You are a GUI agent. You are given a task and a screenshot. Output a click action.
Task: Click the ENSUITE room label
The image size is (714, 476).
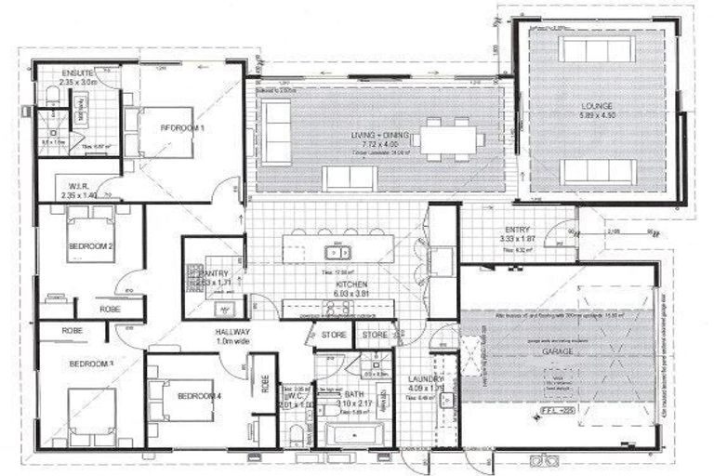77,73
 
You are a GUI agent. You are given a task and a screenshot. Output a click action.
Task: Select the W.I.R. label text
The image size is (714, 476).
78,185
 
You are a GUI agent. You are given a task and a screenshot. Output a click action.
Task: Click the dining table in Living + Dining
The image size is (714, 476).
448,139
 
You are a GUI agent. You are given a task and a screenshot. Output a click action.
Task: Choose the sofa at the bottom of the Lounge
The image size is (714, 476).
598,171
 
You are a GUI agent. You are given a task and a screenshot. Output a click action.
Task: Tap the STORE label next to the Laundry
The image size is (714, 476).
376,335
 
